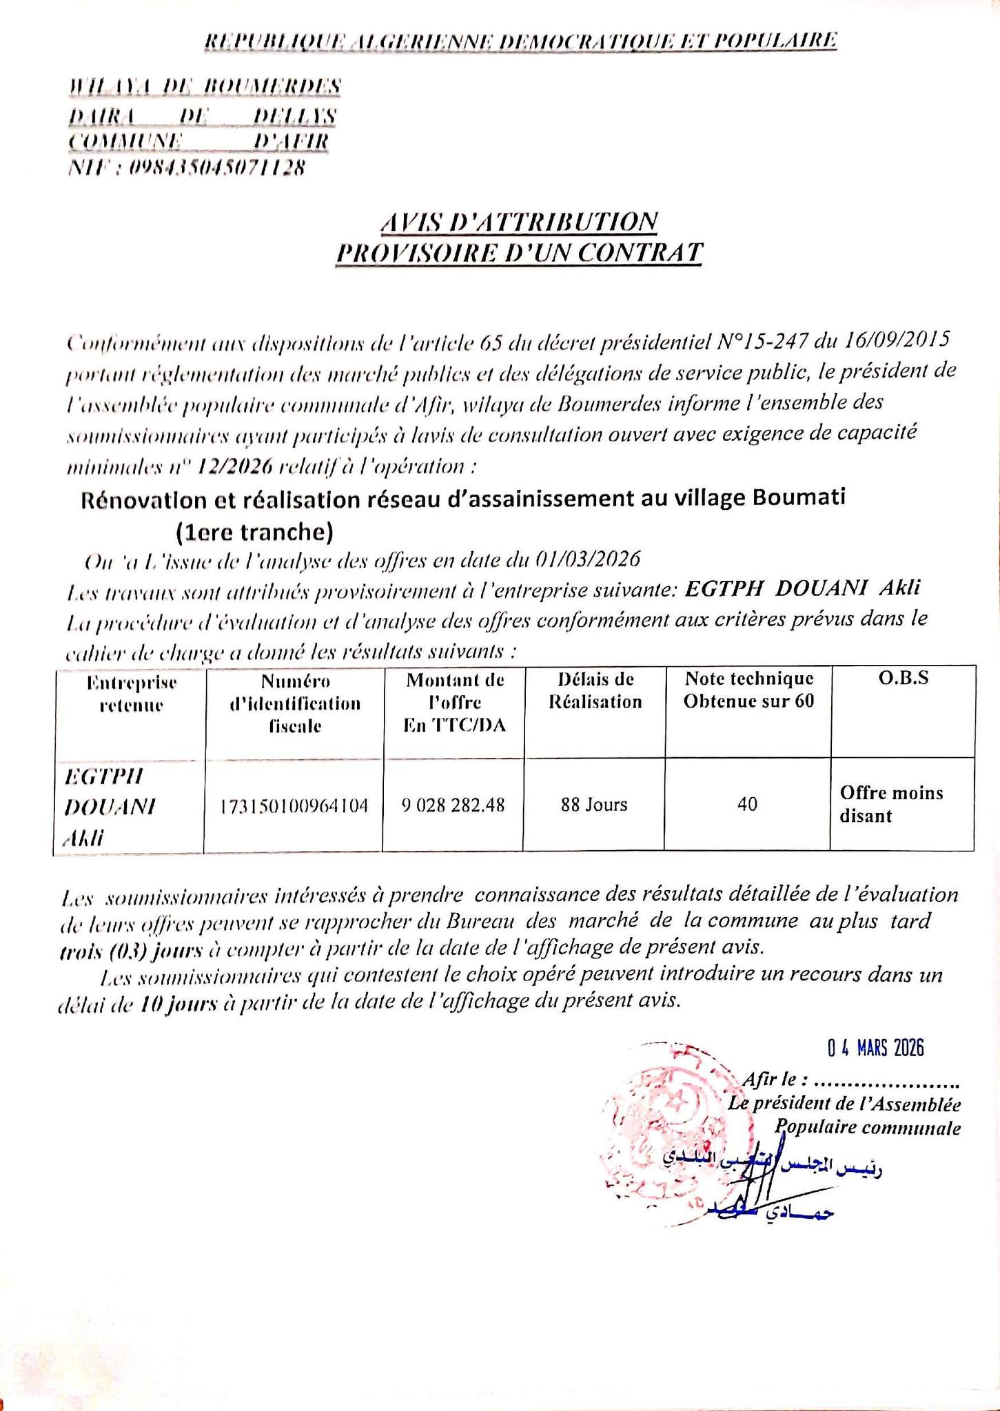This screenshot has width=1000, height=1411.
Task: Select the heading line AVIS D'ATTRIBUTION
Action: (x=519, y=222)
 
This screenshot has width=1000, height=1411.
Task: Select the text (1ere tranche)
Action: (x=254, y=532)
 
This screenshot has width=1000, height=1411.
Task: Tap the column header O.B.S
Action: (x=903, y=679)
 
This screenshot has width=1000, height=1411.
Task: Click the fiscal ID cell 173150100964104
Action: (x=294, y=805)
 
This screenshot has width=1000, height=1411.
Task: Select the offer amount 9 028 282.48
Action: (x=453, y=805)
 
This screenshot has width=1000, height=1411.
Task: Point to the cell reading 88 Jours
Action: (x=594, y=805)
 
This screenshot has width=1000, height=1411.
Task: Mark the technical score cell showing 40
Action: (x=747, y=805)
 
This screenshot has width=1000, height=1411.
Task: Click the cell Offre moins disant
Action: (x=891, y=805)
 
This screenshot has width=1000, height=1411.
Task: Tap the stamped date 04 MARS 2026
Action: (x=875, y=1049)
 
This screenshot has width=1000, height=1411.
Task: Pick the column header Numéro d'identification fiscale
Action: (x=295, y=703)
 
